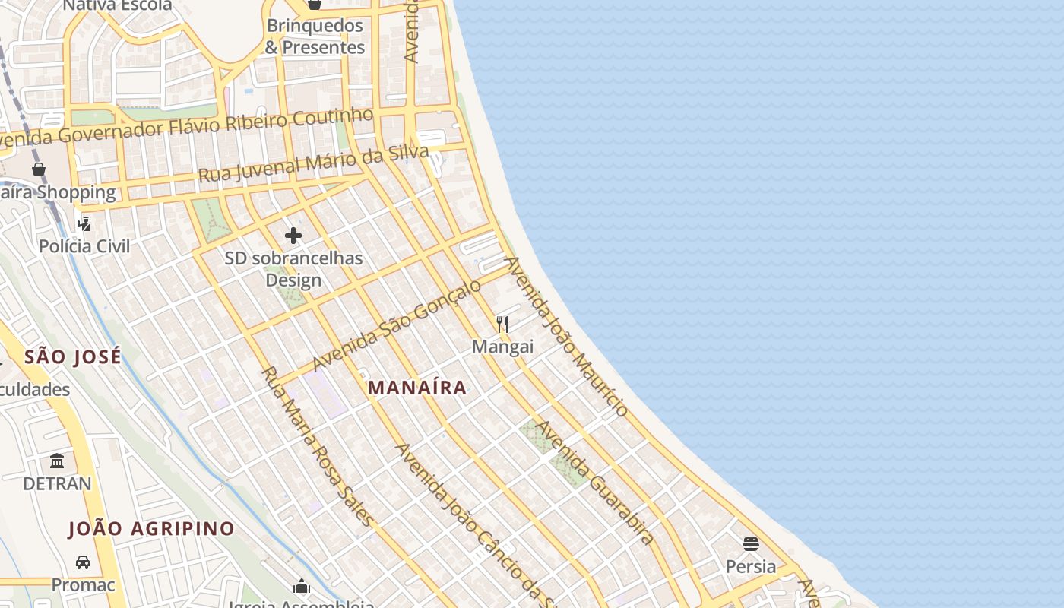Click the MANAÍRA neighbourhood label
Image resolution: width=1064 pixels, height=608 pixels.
click(417, 388)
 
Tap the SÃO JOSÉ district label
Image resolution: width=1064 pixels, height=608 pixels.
click(72, 356)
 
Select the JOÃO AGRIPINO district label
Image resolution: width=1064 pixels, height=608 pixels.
click(151, 529)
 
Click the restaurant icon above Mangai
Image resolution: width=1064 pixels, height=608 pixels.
click(502, 325)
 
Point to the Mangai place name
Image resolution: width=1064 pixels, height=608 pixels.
click(502, 347)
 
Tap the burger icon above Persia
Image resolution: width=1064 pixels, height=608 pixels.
click(751, 544)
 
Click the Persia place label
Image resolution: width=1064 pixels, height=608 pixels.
click(751, 566)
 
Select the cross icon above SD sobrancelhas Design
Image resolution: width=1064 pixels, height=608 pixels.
click(293, 236)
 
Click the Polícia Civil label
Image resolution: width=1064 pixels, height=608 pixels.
click(84, 246)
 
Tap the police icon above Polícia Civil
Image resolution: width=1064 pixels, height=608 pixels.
click(84, 223)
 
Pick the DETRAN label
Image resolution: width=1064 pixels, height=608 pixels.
click(57, 483)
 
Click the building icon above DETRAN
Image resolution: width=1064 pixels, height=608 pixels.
click(57, 461)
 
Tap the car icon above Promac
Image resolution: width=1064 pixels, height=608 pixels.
click(83, 562)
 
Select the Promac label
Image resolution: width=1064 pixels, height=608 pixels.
click(83, 584)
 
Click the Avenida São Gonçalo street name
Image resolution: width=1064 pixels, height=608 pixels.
click(397, 325)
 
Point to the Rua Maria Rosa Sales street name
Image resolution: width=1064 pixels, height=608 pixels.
click(317, 446)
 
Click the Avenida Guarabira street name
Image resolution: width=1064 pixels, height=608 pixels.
click(594, 483)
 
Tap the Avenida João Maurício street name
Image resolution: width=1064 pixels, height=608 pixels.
click(566, 337)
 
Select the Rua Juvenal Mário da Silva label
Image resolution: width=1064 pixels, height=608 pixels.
click(313, 164)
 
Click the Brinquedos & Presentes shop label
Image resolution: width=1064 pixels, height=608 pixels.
click(315, 36)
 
